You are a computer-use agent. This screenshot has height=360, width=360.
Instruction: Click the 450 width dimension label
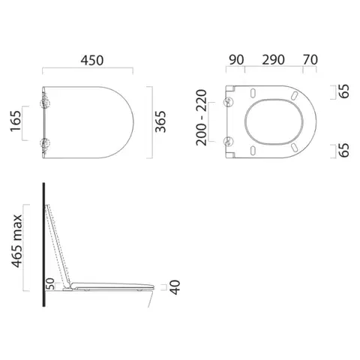pos(91,60)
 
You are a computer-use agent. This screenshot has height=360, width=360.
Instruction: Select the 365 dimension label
pos(160,121)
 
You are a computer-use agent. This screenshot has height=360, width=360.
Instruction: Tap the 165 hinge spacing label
pos(16,121)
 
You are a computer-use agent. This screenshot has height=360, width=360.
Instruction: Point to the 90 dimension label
pos(236,60)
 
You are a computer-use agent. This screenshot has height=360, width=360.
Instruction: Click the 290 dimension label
pos(273,60)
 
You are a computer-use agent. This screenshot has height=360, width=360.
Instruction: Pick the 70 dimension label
pos(310,59)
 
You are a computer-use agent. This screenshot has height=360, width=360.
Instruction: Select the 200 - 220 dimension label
pos(201,118)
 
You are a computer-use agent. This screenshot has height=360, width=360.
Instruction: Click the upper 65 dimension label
pos(344,91)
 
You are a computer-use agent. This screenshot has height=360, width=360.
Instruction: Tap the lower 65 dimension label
pos(344,150)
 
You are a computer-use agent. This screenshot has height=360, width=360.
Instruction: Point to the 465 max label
pos(17,241)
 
